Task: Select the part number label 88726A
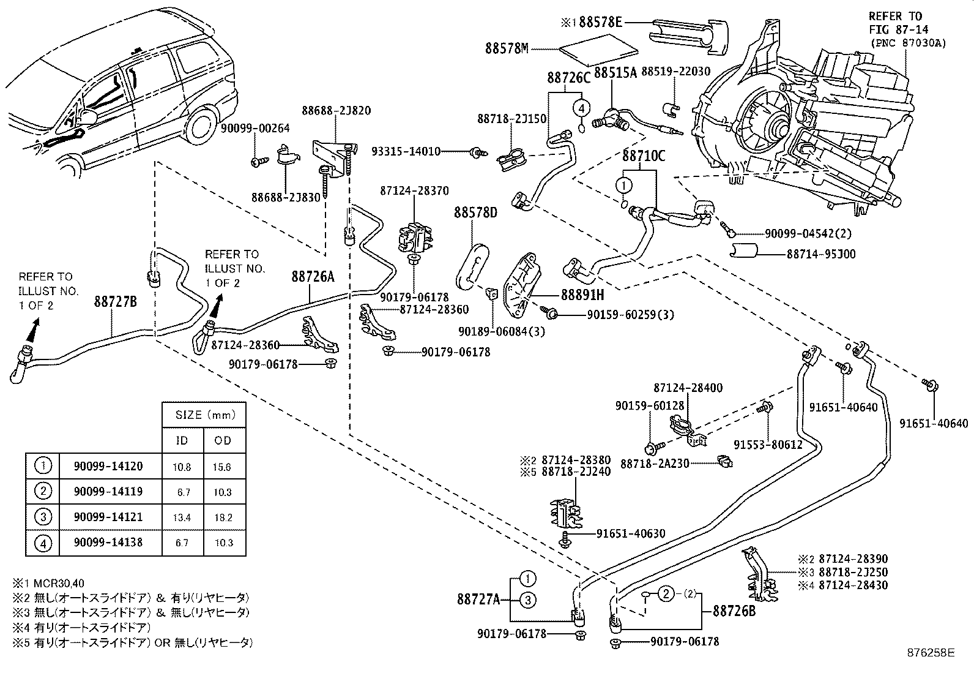313,277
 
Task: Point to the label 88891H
573,295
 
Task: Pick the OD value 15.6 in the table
223,467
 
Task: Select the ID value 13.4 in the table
182,517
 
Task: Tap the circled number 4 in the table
43,543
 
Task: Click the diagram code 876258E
931,653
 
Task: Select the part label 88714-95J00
821,254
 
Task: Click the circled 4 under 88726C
581,108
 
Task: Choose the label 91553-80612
768,445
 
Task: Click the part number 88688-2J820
336,111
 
